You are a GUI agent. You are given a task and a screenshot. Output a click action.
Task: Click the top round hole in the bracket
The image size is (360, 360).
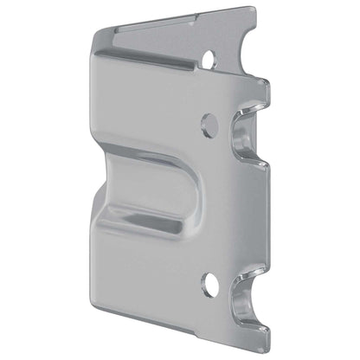click(x=208, y=59)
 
